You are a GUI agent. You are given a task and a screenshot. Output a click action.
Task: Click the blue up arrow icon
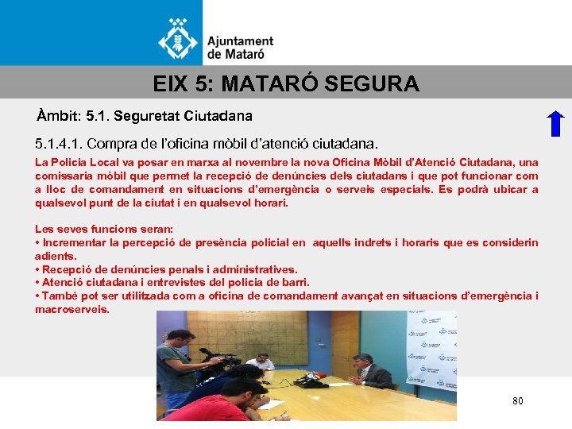[x=556, y=125]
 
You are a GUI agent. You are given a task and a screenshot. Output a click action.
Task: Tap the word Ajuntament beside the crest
[x=240, y=41]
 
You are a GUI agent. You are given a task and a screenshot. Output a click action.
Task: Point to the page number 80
[x=518, y=401]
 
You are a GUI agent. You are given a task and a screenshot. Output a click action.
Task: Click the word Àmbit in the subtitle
[x=56, y=116]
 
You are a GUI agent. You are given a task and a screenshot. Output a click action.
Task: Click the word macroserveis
[x=72, y=309]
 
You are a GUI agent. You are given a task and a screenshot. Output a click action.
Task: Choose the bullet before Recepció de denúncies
[x=37, y=269]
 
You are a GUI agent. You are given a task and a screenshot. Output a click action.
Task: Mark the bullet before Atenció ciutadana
[x=37, y=282]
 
